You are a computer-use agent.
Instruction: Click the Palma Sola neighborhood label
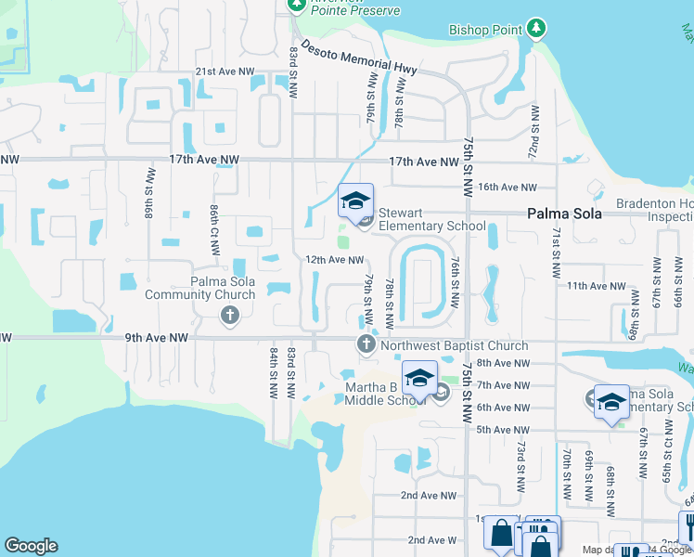(564, 214)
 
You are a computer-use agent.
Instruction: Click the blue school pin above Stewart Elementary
(354, 200)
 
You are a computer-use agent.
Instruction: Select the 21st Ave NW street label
(224, 71)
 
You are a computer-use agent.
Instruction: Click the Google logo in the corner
(31, 546)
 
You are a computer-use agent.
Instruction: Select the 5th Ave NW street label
(502, 430)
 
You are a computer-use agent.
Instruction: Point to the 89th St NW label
(148, 190)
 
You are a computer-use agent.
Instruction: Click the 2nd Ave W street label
(432, 539)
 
